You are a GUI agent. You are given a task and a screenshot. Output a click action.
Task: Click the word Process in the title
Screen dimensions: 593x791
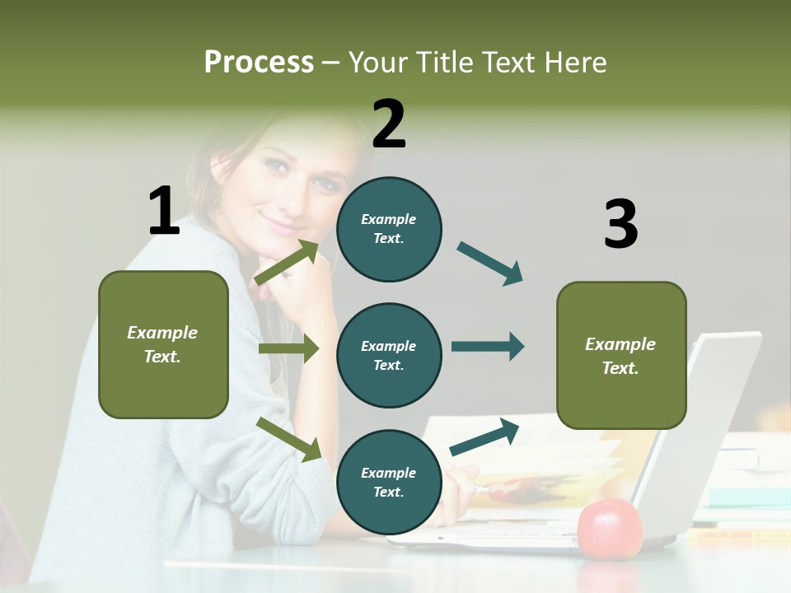pos(259,62)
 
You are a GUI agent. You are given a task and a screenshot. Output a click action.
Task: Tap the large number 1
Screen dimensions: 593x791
pos(164,211)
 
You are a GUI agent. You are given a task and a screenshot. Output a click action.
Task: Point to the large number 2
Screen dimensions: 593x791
pos(389,124)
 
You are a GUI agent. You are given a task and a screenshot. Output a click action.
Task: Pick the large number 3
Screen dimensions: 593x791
pos(620,224)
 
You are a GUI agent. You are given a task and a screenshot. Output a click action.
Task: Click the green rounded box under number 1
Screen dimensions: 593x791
pos(163,344)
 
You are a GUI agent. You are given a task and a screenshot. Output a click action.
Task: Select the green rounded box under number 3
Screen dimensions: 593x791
pos(621,355)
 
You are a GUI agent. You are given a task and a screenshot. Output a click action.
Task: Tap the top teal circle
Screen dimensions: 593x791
pos(389,229)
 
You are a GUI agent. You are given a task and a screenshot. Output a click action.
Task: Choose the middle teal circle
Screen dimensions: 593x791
pos(389,355)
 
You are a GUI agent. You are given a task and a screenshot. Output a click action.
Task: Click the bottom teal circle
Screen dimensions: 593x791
pos(389,482)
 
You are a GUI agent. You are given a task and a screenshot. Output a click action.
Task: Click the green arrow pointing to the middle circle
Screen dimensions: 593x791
pos(288,348)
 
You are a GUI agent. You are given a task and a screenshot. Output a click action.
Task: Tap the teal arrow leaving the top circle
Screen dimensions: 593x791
pos(490,264)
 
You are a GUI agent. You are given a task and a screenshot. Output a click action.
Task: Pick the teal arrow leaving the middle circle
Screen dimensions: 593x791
pos(488,346)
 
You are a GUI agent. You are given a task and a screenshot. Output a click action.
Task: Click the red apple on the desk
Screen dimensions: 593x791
pos(610,528)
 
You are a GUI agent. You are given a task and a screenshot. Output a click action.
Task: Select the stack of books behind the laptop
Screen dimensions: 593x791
pos(746,486)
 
